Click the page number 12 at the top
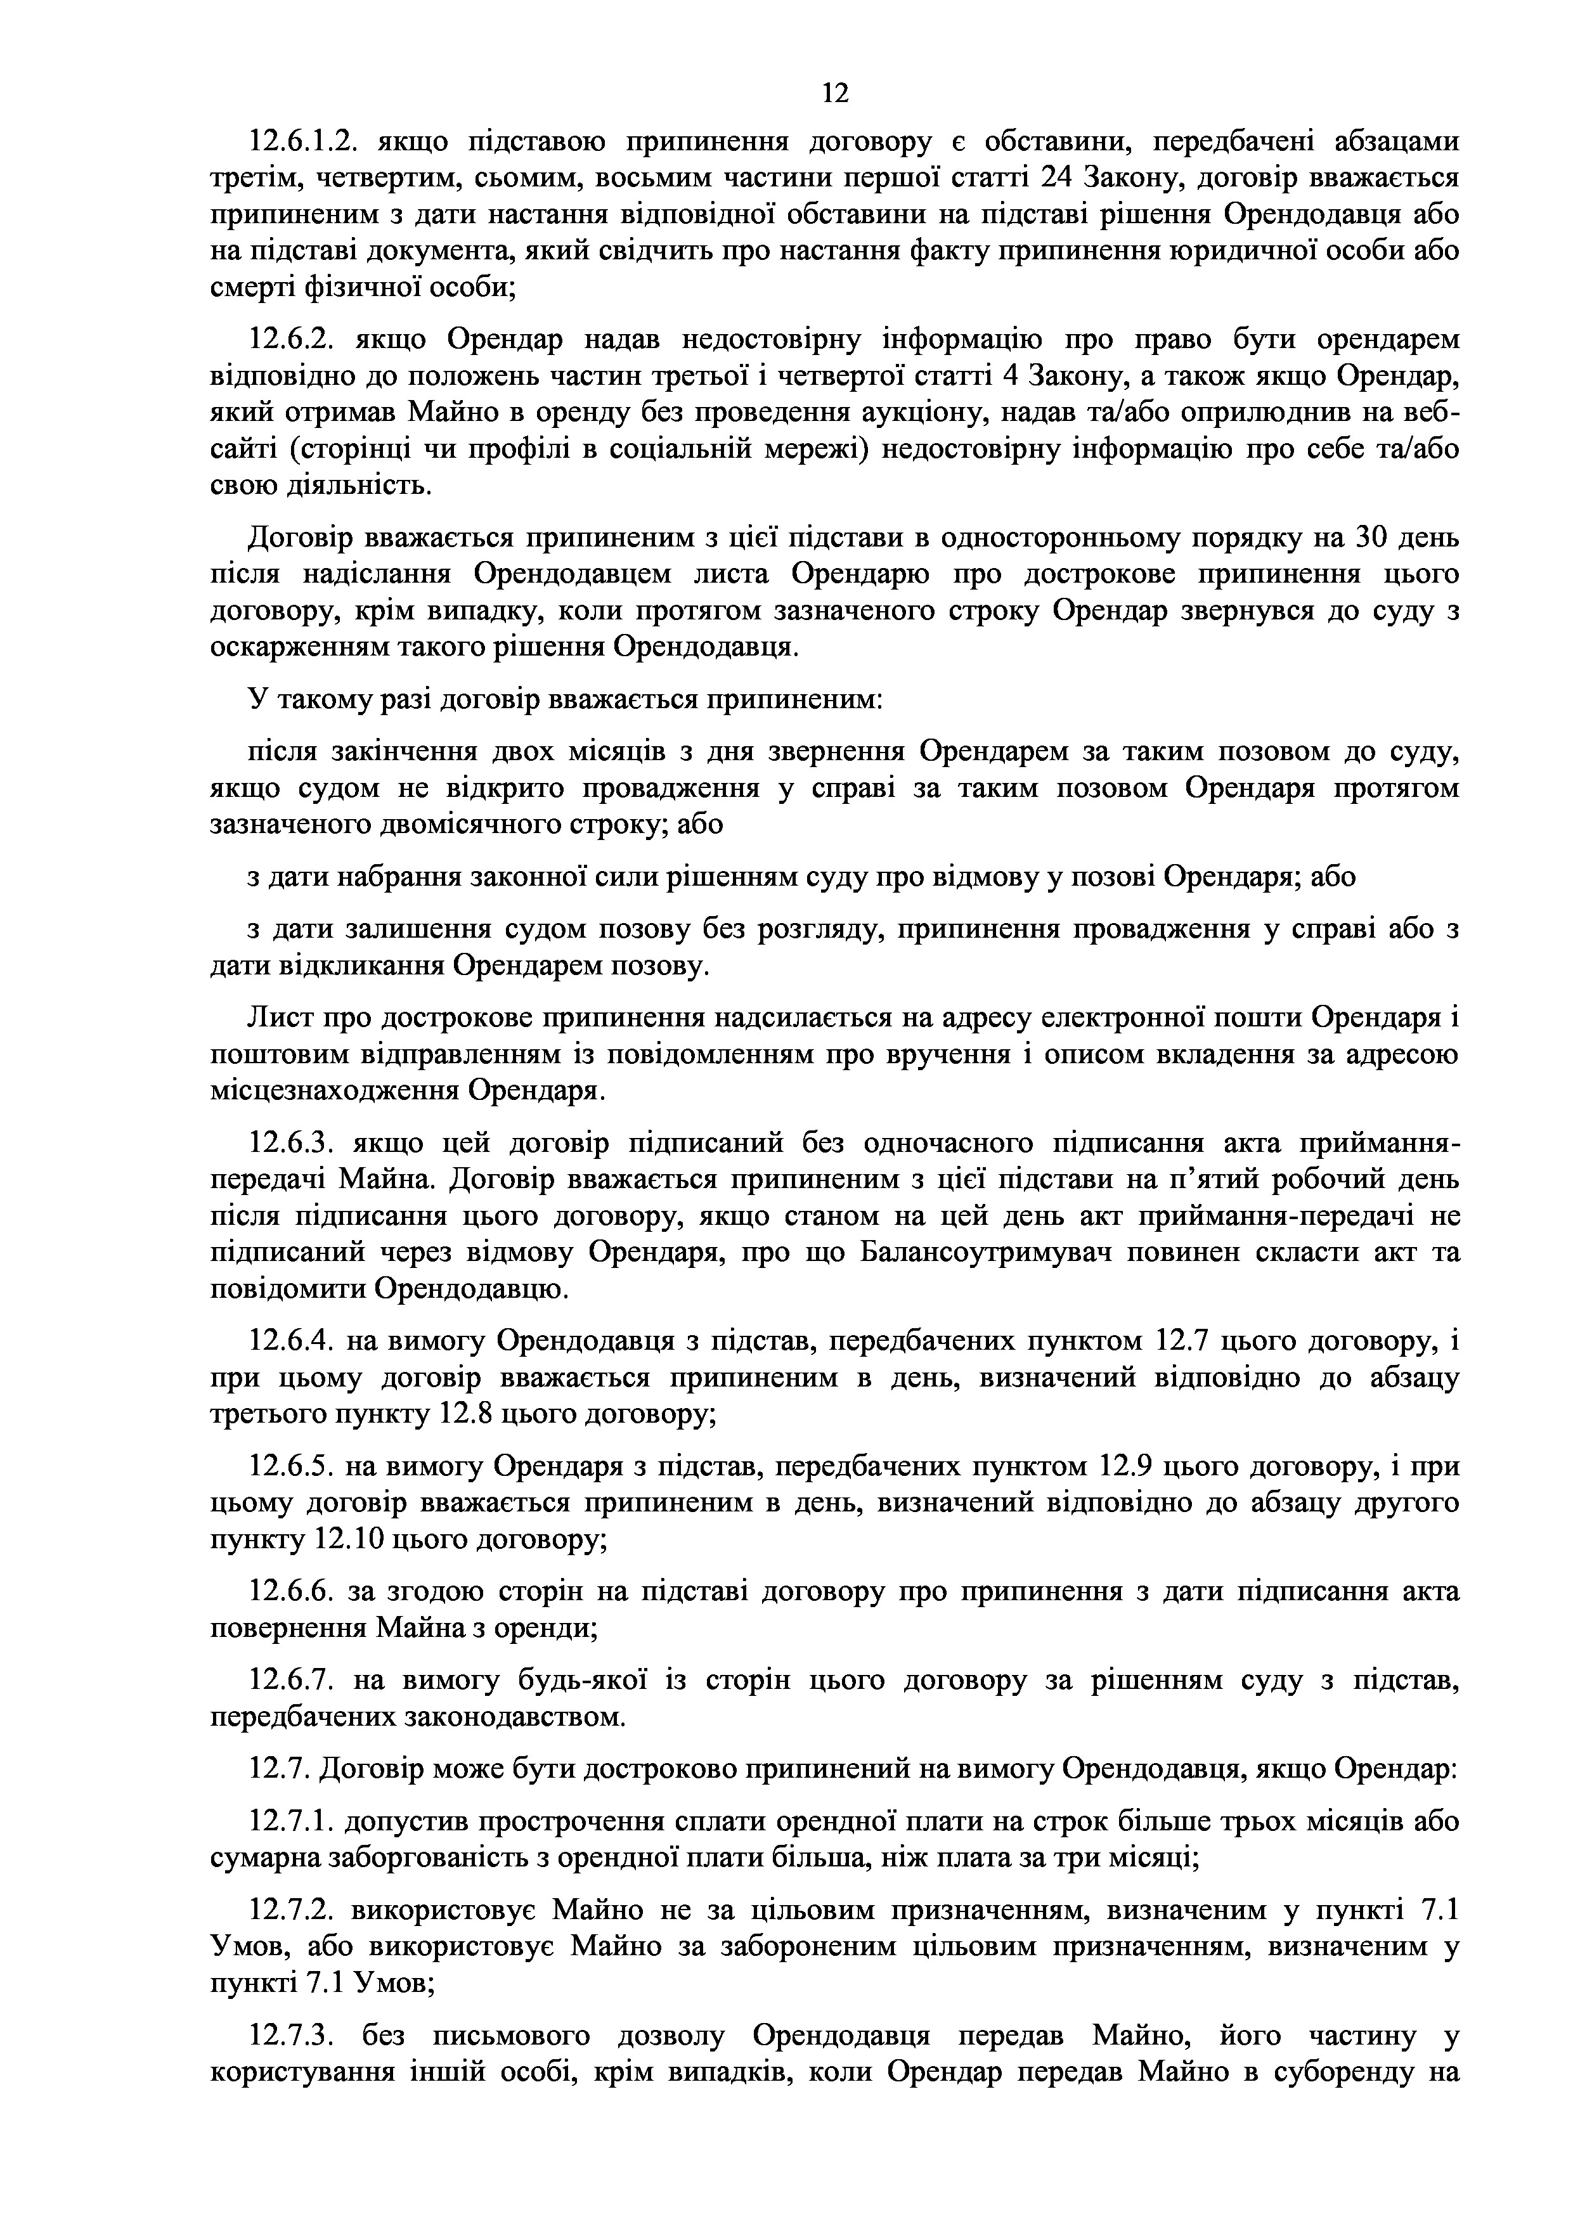834,93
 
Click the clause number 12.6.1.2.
305,143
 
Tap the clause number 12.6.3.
292,1144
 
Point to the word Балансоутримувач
990,1253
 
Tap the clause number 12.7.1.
292,1823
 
